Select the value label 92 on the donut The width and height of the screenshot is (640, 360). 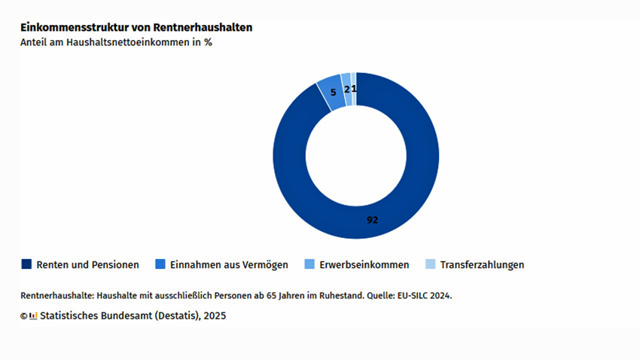tap(372, 220)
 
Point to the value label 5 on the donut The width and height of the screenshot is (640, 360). tap(334, 92)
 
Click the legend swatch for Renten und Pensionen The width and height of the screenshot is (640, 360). tap(26, 264)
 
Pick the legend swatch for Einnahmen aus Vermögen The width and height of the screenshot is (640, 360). tap(160, 264)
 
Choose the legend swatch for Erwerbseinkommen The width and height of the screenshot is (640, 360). tap(309, 264)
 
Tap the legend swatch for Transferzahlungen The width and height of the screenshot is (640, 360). tap(430, 264)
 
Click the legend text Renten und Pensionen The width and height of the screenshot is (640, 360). tap(87, 265)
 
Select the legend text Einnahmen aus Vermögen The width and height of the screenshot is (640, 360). tap(229, 265)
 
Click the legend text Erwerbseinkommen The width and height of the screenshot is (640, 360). tap(364, 265)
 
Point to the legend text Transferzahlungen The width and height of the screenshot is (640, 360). tap(482, 265)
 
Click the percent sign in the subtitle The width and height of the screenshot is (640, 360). tap(208, 43)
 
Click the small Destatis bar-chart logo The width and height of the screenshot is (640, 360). tap(33, 316)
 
